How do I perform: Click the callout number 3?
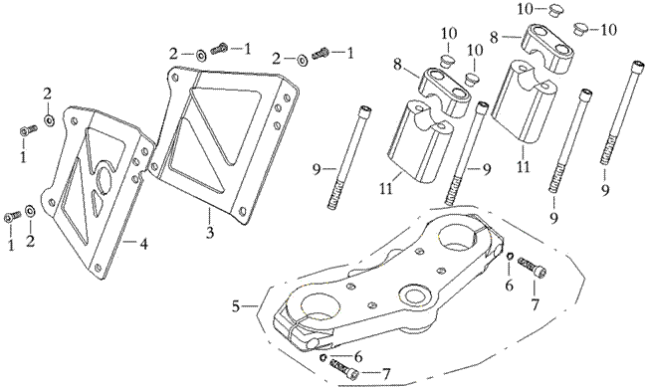(210, 233)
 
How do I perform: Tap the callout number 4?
(143, 244)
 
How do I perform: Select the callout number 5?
(236, 306)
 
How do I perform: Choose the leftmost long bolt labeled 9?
(349, 157)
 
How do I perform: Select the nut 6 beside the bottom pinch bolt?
(324, 357)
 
